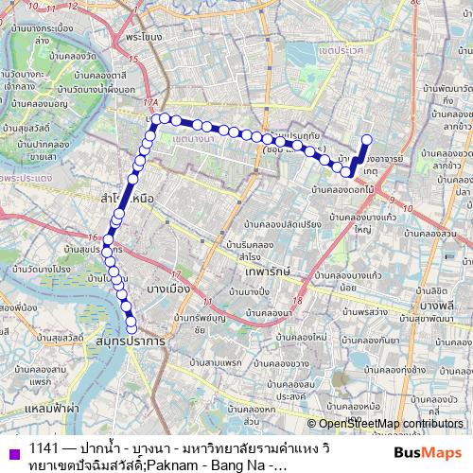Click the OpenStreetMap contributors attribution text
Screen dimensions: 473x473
tap(390, 424)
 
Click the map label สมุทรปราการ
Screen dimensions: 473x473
tap(129, 338)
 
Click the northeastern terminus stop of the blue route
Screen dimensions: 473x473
tap(367, 141)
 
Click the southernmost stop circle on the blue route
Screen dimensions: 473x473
tap(131, 327)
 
